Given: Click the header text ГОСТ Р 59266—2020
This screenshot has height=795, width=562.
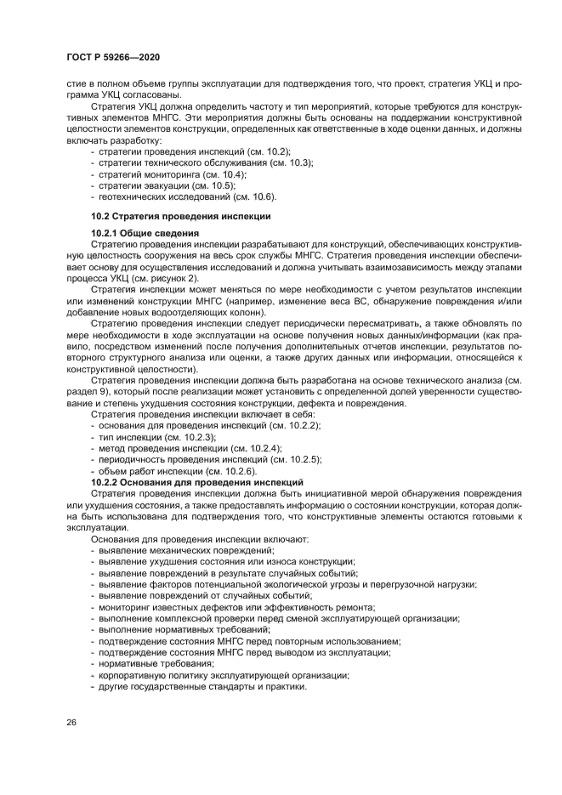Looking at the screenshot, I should (x=113, y=57).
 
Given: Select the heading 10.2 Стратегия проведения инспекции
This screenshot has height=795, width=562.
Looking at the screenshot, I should (x=180, y=217).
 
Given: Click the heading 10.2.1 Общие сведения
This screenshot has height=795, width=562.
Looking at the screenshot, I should (x=145, y=233).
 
